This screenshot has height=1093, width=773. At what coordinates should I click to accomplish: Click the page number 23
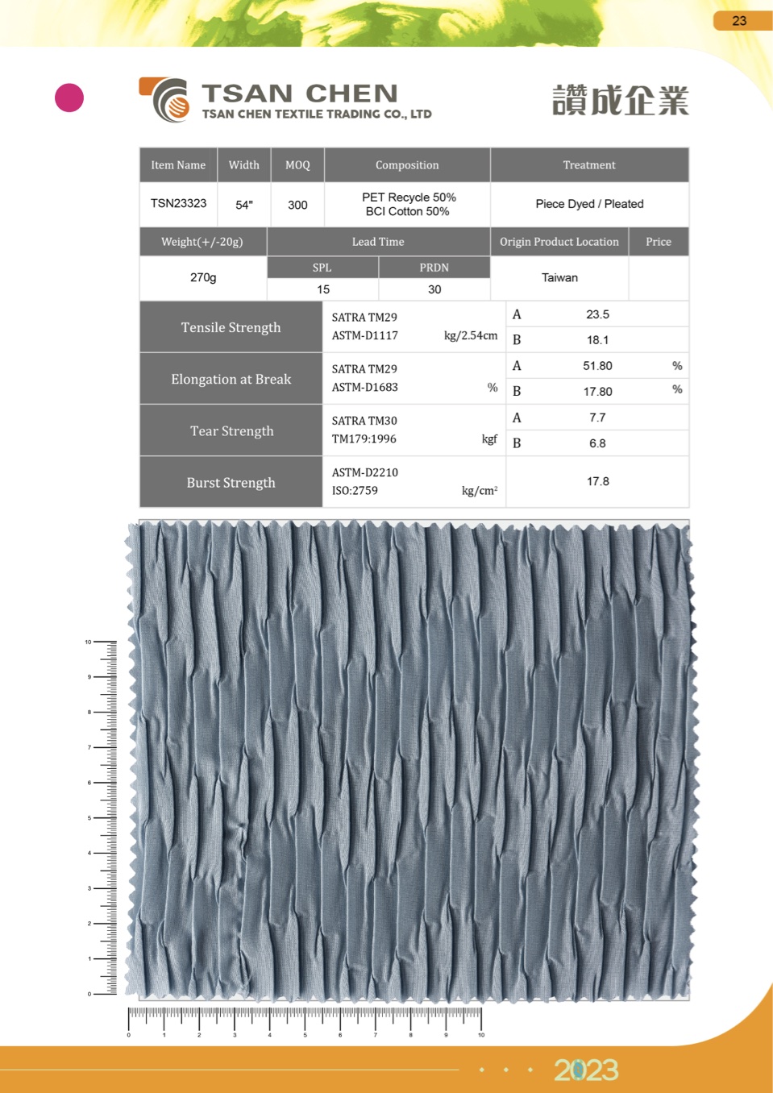[x=739, y=21]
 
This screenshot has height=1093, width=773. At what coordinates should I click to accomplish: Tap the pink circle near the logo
[x=69, y=98]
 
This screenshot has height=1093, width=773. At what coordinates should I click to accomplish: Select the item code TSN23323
[x=178, y=203]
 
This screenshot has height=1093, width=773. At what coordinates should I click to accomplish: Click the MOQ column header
[x=297, y=165]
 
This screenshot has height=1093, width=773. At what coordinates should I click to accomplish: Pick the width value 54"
[x=244, y=205]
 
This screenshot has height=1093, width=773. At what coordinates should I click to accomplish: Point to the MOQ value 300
[x=297, y=205]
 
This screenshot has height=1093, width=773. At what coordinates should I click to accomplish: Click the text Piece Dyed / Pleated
[x=589, y=204]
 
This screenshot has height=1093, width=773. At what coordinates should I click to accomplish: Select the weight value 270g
[x=203, y=277]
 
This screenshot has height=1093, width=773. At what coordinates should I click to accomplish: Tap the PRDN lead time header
[x=434, y=268]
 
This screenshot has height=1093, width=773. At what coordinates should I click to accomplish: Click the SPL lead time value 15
[x=323, y=289]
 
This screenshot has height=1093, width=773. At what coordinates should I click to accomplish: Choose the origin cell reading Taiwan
[x=559, y=277]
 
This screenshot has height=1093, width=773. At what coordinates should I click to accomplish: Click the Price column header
[x=658, y=242]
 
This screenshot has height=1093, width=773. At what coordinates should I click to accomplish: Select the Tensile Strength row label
[x=231, y=327]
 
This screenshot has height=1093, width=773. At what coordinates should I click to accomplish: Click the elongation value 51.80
[x=597, y=366]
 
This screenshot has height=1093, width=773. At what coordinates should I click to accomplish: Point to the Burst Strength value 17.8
[x=597, y=481]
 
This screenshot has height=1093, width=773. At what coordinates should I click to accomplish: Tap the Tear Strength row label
[x=231, y=431]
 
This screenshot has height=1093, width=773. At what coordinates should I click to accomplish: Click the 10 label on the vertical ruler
[x=88, y=642]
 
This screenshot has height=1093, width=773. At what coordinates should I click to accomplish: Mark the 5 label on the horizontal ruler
[x=305, y=1035]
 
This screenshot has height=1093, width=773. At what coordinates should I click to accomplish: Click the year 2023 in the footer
[x=586, y=1070]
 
